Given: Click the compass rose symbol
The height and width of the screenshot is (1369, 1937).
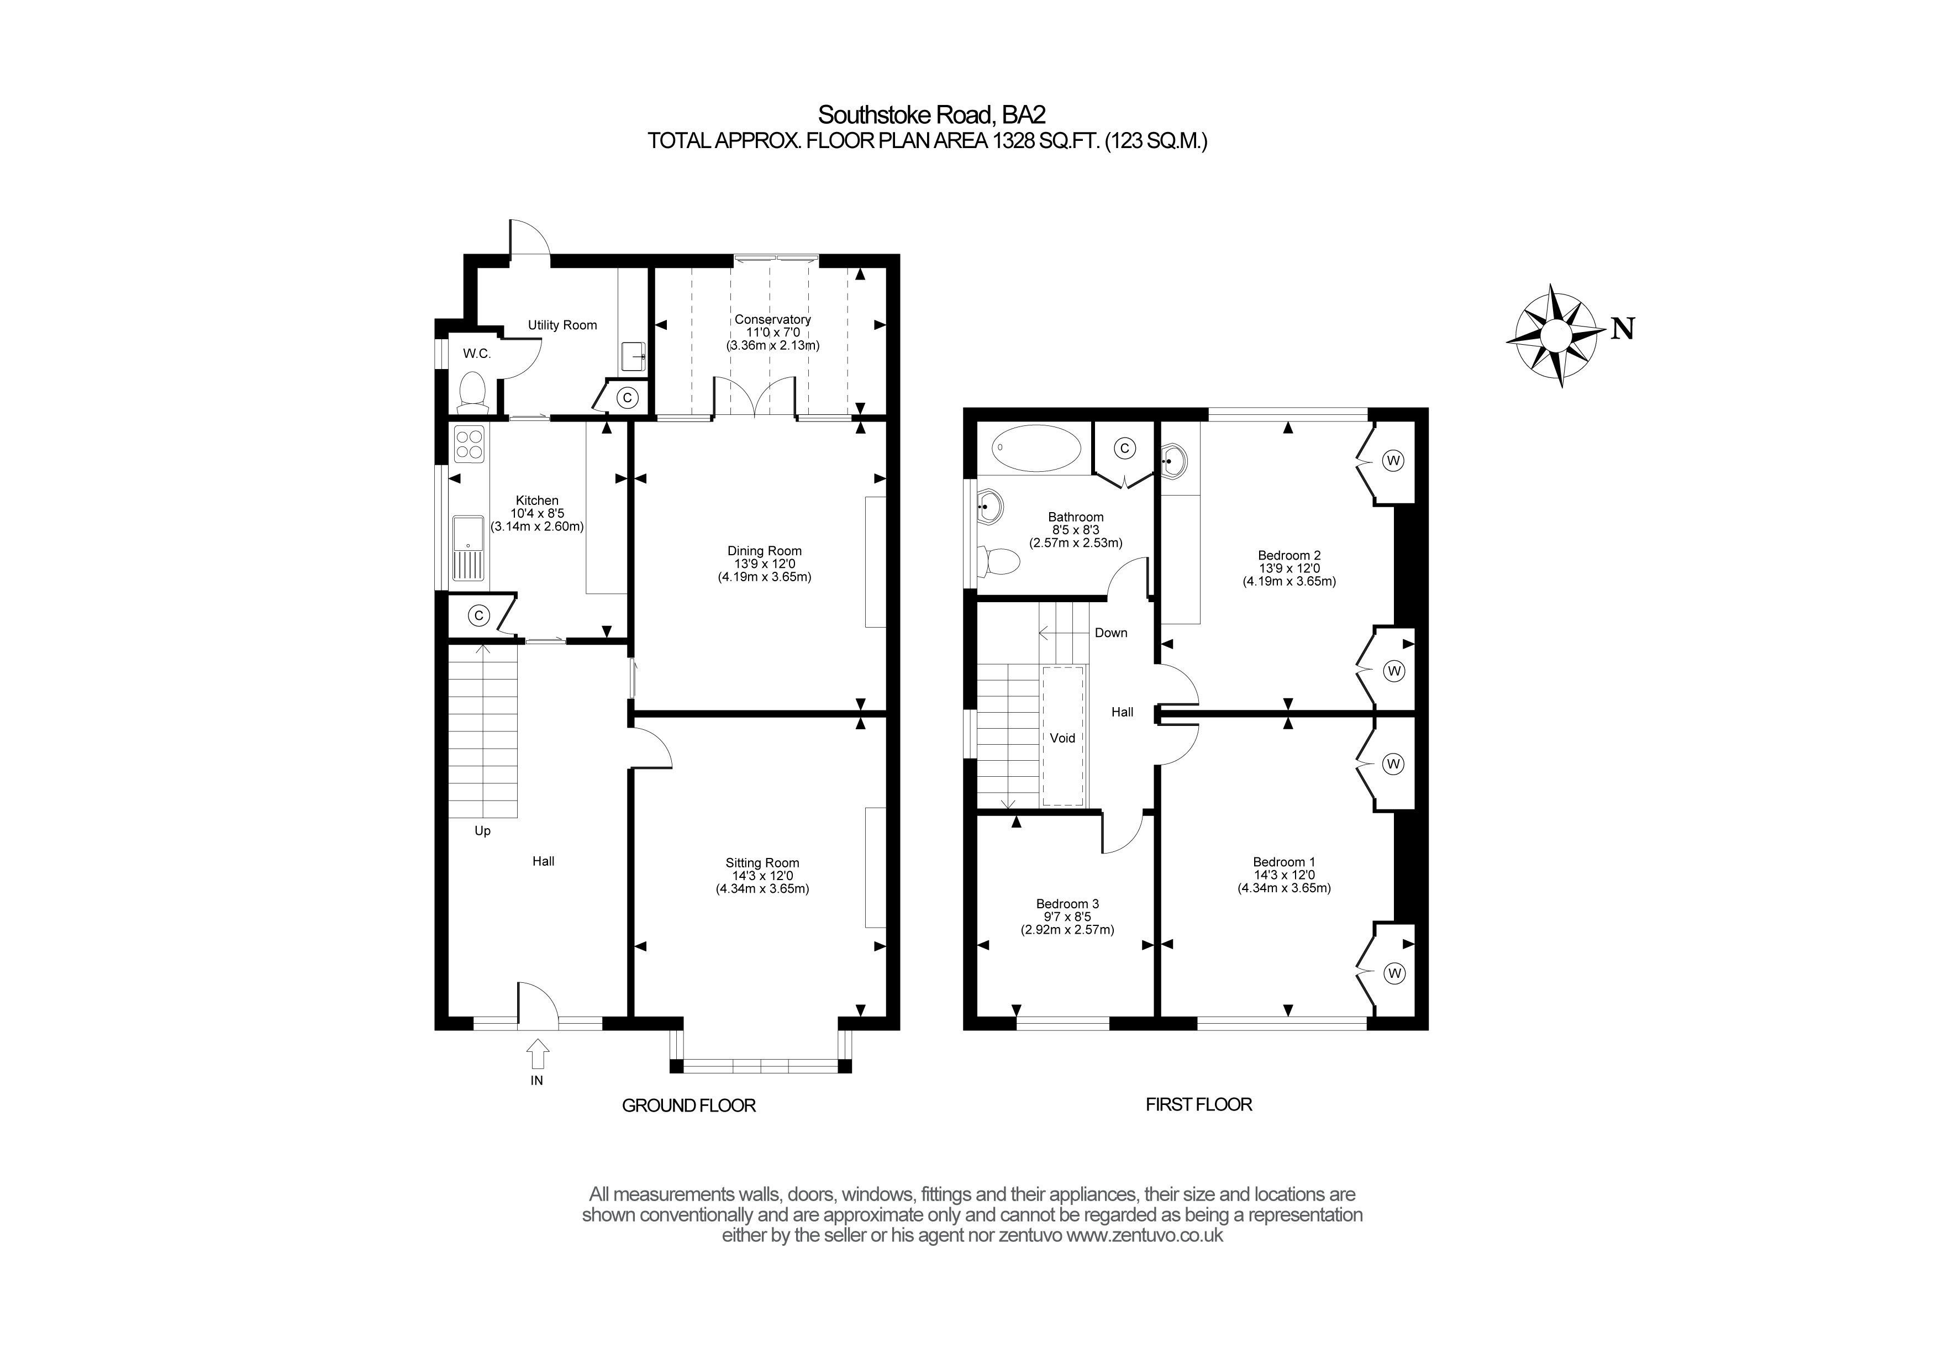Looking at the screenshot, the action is coord(1555,336).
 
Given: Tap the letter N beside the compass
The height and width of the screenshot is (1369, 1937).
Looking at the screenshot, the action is coord(1622,329).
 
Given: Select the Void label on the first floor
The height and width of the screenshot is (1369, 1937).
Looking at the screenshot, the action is coord(1062,738).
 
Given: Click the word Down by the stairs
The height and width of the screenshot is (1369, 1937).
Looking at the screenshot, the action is coord(1110,633).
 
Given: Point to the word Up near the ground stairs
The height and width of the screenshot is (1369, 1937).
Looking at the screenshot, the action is coord(482,831).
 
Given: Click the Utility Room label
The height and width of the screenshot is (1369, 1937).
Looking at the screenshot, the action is coord(562,325).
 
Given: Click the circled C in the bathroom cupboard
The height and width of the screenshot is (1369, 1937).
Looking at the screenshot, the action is coord(1124,449).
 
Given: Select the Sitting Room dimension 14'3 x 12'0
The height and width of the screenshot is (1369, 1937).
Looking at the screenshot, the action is coord(762,876).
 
